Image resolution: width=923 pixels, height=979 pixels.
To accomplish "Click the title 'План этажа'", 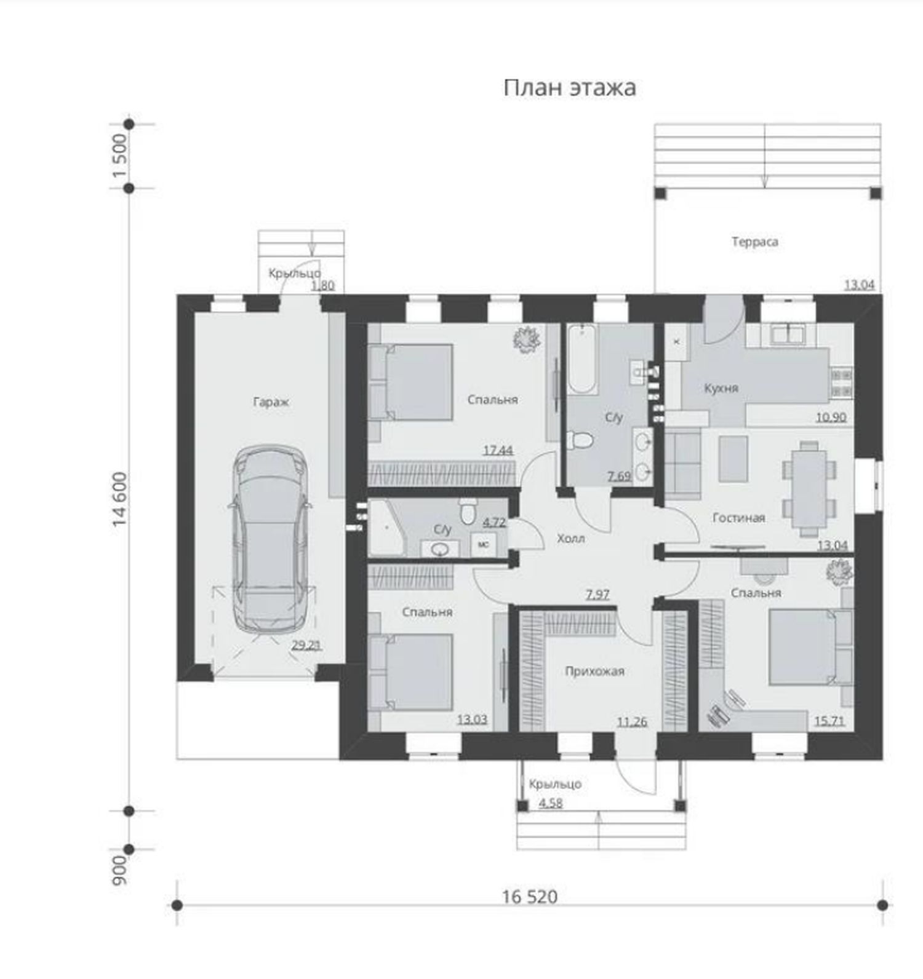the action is (x=570, y=87).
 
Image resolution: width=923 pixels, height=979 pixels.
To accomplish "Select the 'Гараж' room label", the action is (x=271, y=403).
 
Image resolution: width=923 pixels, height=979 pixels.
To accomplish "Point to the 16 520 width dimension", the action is (x=530, y=897).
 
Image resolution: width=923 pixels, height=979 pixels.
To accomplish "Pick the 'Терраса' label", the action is (x=755, y=242).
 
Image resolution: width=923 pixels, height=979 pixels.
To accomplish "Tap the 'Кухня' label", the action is (x=721, y=388).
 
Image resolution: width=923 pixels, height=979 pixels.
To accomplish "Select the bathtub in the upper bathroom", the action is (x=581, y=360).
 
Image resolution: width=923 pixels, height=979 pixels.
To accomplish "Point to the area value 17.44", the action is (x=498, y=451).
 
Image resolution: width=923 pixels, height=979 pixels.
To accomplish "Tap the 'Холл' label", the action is (x=570, y=539).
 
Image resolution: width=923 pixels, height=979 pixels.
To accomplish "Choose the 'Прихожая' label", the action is (x=594, y=671).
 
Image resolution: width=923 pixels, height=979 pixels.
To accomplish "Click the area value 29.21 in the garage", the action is (x=306, y=645).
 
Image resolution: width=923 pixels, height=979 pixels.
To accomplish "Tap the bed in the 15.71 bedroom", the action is (x=811, y=646).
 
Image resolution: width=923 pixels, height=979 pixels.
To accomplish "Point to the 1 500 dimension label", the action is (x=121, y=156).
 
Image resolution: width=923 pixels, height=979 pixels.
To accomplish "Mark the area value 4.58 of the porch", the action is (x=550, y=803).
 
